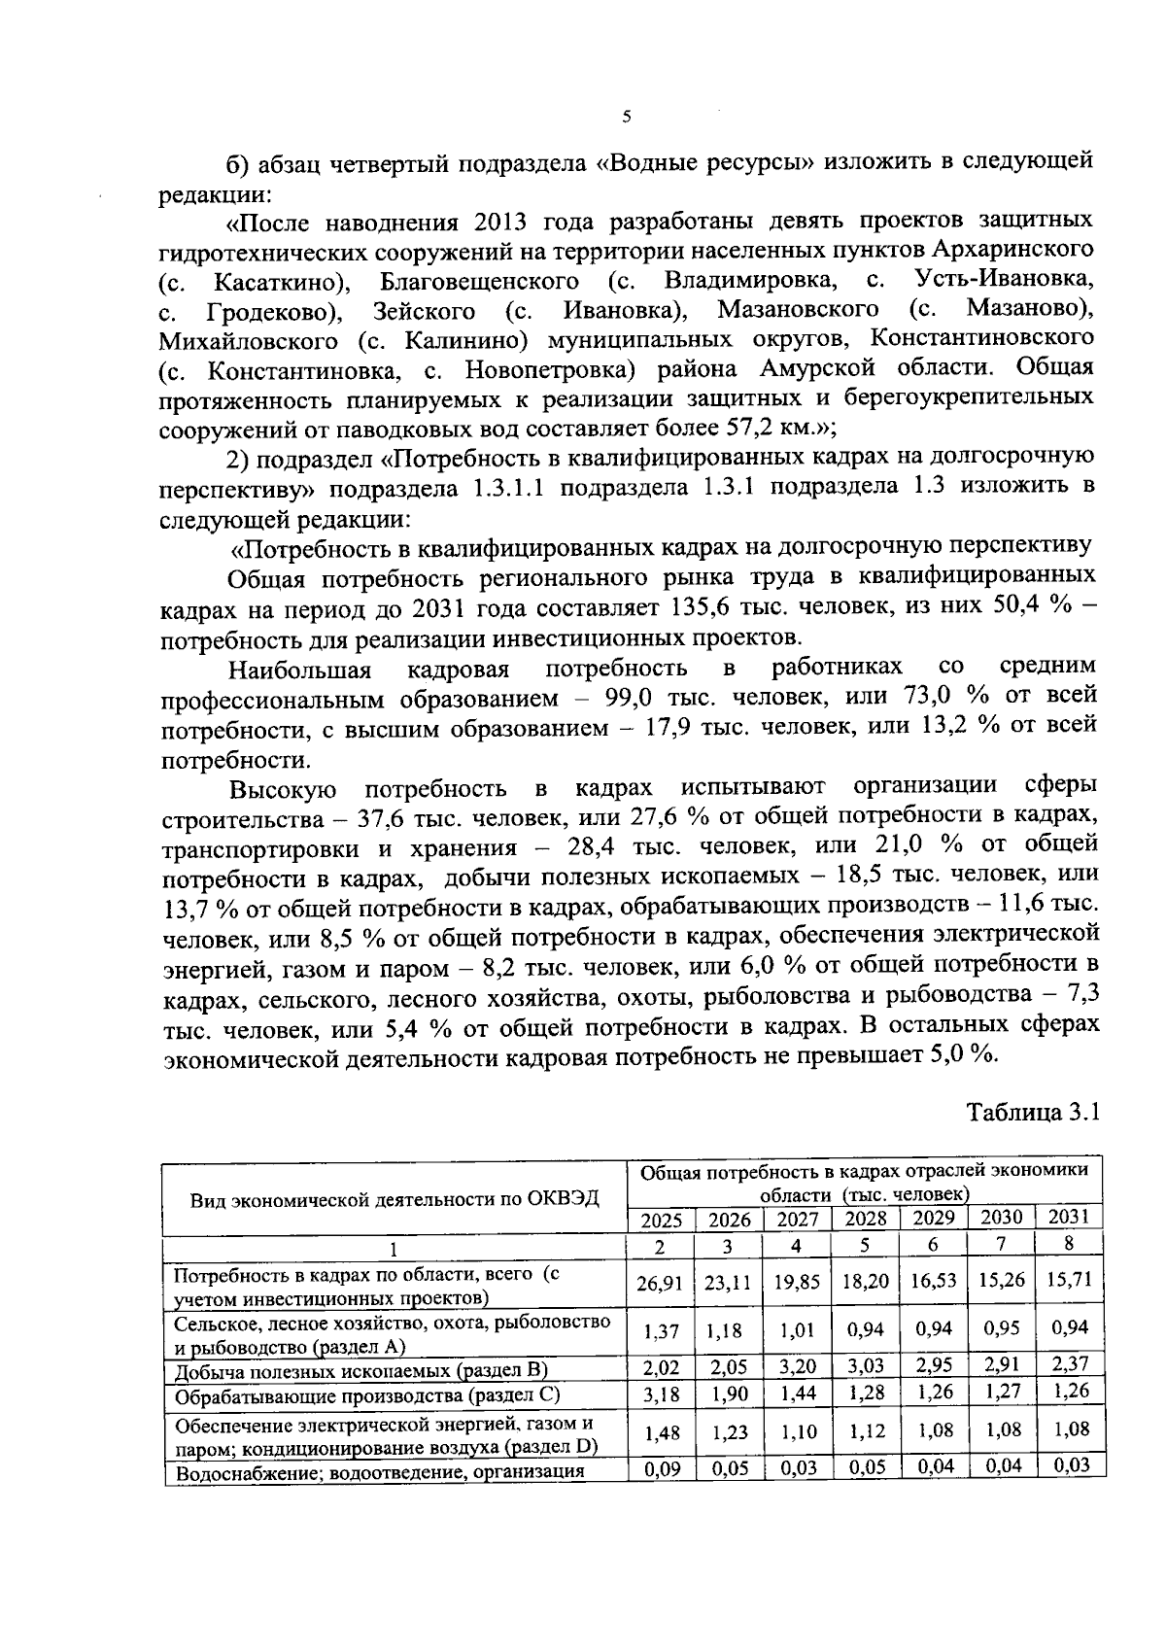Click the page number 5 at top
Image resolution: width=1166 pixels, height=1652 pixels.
pyautogui.click(x=626, y=118)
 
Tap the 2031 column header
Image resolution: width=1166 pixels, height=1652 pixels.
pyautogui.click(x=1071, y=1217)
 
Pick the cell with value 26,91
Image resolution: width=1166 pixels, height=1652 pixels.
pyautogui.click(x=659, y=1284)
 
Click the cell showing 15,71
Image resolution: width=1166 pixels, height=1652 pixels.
pyautogui.click(x=1070, y=1280)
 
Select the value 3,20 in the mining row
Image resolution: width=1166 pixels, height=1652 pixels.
pyautogui.click(x=797, y=1368)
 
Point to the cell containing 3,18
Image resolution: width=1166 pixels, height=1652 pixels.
pyautogui.click(x=660, y=1394)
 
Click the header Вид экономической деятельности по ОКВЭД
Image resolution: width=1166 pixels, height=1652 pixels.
pyautogui.click(x=394, y=1199)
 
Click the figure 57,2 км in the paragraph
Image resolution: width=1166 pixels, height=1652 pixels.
pyautogui.click(x=770, y=428)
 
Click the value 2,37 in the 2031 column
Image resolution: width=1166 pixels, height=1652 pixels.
pyautogui.click(x=1070, y=1365)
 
